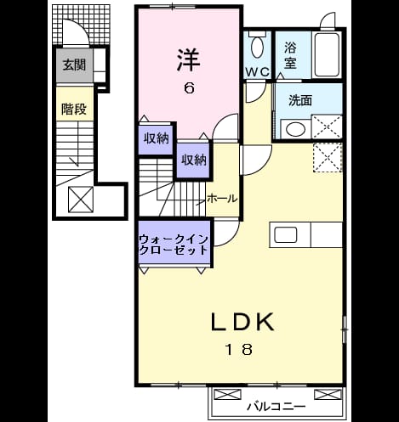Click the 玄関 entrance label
point(74,65)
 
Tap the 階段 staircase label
point(74,109)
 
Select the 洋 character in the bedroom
point(189,60)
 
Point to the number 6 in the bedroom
point(190,88)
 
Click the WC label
point(257,72)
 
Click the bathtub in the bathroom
point(328,54)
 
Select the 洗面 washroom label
point(300,100)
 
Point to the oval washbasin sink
point(295,129)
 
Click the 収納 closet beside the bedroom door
point(194,160)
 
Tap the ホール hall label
point(222,199)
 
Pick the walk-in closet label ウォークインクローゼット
point(174,245)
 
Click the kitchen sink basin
point(286,235)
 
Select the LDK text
point(242,322)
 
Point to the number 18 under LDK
point(239,349)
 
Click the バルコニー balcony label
point(276,407)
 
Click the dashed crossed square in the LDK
point(328,158)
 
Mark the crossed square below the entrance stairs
point(81,200)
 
